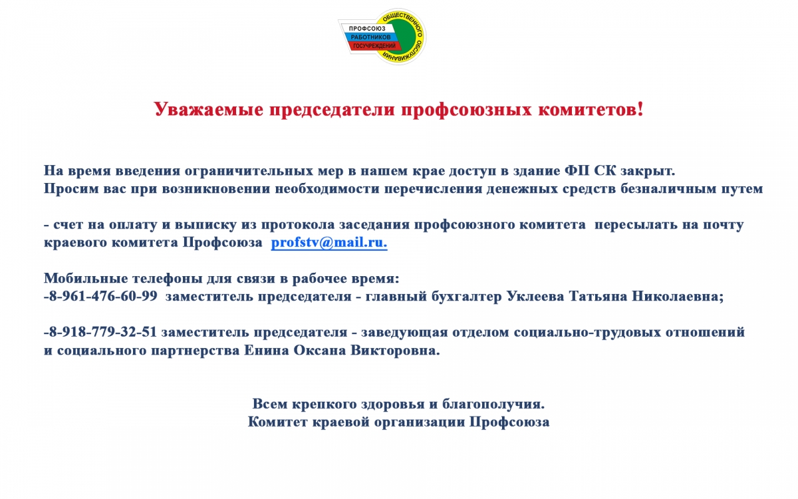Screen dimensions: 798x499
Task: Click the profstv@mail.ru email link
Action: click(329, 243)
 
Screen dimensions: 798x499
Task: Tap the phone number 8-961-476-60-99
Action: click(103, 296)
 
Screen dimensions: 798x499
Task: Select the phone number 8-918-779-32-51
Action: click(103, 332)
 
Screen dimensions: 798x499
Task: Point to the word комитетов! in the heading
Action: click(591, 109)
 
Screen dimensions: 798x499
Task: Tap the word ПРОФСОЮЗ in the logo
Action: click(367, 29)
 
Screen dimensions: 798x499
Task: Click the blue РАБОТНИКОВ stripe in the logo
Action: click(370, 37)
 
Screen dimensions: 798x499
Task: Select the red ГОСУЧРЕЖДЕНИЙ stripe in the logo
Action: click(374, 46)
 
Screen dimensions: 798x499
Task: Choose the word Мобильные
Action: click(86, 278)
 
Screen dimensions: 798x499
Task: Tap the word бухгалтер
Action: click(467, 297)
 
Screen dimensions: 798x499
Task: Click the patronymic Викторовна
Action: click(396, 351)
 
